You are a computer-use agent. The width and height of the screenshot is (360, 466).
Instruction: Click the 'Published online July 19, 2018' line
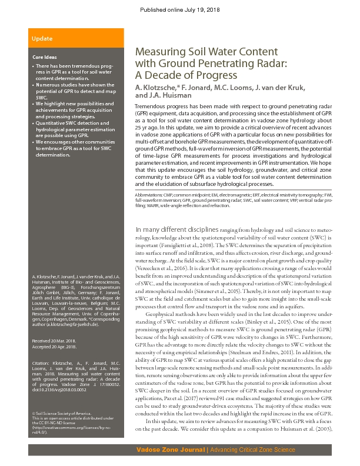point(180,11)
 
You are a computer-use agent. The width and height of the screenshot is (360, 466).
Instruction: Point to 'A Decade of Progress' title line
point(178,75)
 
